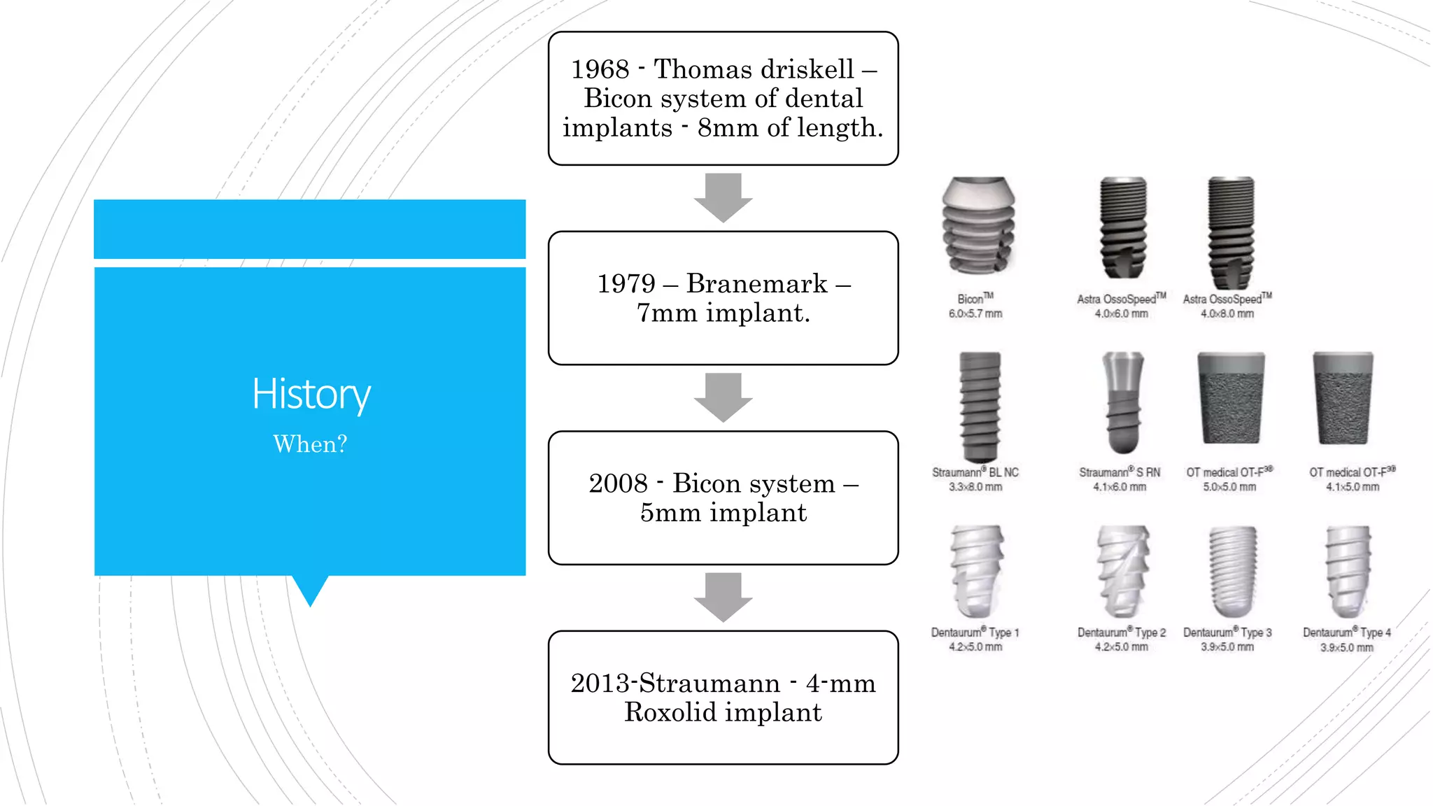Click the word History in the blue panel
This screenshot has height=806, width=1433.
pos(311,394)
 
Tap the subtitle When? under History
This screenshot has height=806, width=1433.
pos(310,444)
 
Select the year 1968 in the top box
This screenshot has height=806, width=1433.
pos(600,69)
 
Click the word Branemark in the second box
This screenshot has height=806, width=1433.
pos(756,283)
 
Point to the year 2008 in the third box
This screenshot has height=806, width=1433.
pos(618,483)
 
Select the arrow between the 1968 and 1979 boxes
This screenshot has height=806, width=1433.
pos(723,197)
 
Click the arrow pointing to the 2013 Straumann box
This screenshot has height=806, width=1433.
pos(723,597)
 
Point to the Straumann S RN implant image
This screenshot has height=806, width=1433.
pos(1123,402)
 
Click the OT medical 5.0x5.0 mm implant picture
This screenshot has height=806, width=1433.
pos(1231,398)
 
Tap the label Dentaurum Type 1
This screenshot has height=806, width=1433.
pos(975,632)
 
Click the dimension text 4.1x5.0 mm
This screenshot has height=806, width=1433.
pos(1352,487)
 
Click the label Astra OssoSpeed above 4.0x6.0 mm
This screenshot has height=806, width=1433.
pos(1120,299)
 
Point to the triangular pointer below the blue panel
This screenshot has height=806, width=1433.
pos(310,590)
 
